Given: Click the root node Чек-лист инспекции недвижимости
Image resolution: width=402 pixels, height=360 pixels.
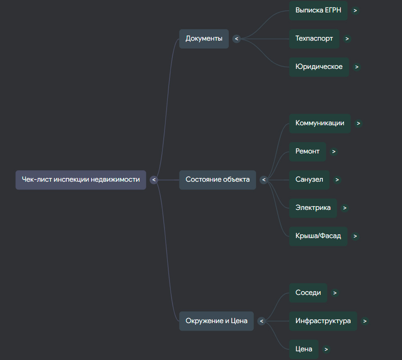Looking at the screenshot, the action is [x=81, y=180].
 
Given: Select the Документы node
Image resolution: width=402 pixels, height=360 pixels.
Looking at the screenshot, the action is [x=204, y=39].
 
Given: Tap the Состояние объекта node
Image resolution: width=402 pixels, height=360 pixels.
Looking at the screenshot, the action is [x=218, y=180].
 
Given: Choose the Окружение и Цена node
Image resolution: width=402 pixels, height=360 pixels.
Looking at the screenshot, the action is [x=216, y=321].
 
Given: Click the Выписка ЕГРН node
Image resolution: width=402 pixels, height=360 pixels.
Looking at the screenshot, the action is [x=318, y=10].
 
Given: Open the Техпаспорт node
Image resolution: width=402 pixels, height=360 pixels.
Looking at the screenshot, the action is [x=314, y=39].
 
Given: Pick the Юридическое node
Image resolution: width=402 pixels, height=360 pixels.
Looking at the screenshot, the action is [x=319, y=67].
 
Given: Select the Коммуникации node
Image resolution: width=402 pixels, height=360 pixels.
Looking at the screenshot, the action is [x=320, y=124].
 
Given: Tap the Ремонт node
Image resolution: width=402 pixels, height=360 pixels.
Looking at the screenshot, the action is [x=308, y=152].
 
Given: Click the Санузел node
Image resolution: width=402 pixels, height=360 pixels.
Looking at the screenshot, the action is [x=309, y=180].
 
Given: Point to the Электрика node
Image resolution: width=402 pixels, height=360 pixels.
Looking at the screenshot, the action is [x=313, y=208].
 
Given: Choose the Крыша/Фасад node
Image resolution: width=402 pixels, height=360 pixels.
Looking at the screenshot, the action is [x=318, y=236].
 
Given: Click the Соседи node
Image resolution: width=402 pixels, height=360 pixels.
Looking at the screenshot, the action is [x=308, y=293].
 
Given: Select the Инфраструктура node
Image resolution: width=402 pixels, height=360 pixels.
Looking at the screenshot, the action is [x=323, y=321].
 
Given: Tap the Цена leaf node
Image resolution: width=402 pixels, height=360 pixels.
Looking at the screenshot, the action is [x=304, y=349].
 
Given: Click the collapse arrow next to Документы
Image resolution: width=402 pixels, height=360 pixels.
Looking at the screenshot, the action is [x=236, y=39].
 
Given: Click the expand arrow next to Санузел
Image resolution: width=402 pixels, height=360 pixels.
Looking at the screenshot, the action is [x=337, y=180].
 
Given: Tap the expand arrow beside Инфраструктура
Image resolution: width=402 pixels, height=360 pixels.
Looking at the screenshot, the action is [x=365, y=321].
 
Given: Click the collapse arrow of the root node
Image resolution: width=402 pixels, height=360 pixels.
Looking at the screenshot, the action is [x=154, y=180].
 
